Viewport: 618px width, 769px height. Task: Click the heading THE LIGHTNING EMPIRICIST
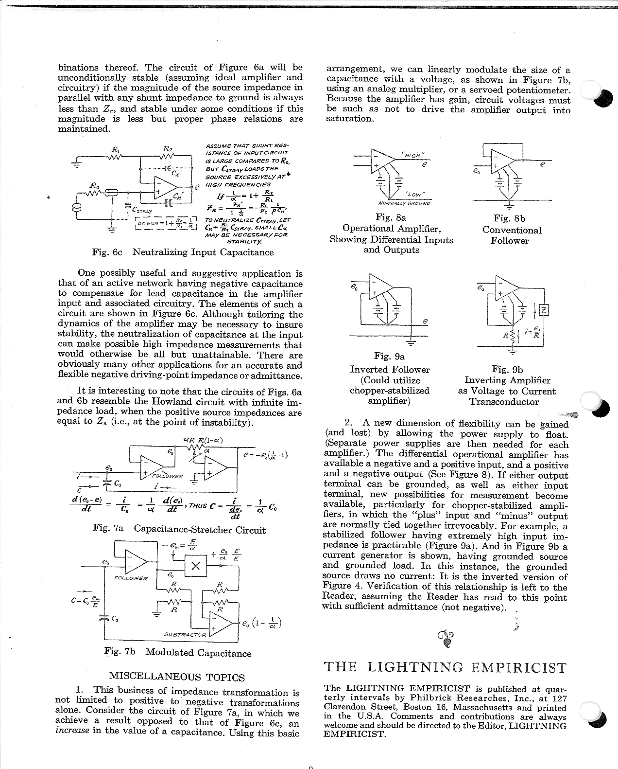pos(445,667)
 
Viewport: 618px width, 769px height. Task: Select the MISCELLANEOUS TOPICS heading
pos(177,677)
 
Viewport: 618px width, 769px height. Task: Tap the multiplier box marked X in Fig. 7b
pos(196,566)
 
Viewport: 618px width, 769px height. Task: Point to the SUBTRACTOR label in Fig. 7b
pos(185,634)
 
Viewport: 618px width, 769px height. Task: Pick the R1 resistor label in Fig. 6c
pos(115,149)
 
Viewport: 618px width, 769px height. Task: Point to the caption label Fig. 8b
pos(509,219)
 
